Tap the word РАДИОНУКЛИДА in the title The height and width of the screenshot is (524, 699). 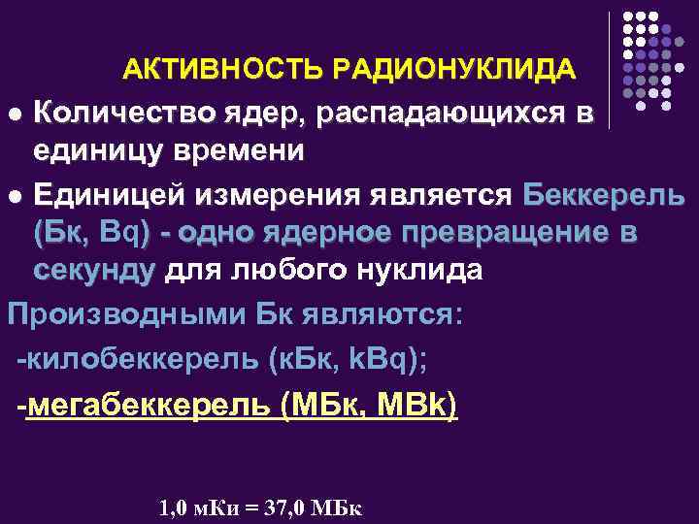click(x=453, y=70)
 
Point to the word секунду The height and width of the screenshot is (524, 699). click(x=93, y=272)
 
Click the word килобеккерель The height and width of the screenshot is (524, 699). click(x=140, y=361)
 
